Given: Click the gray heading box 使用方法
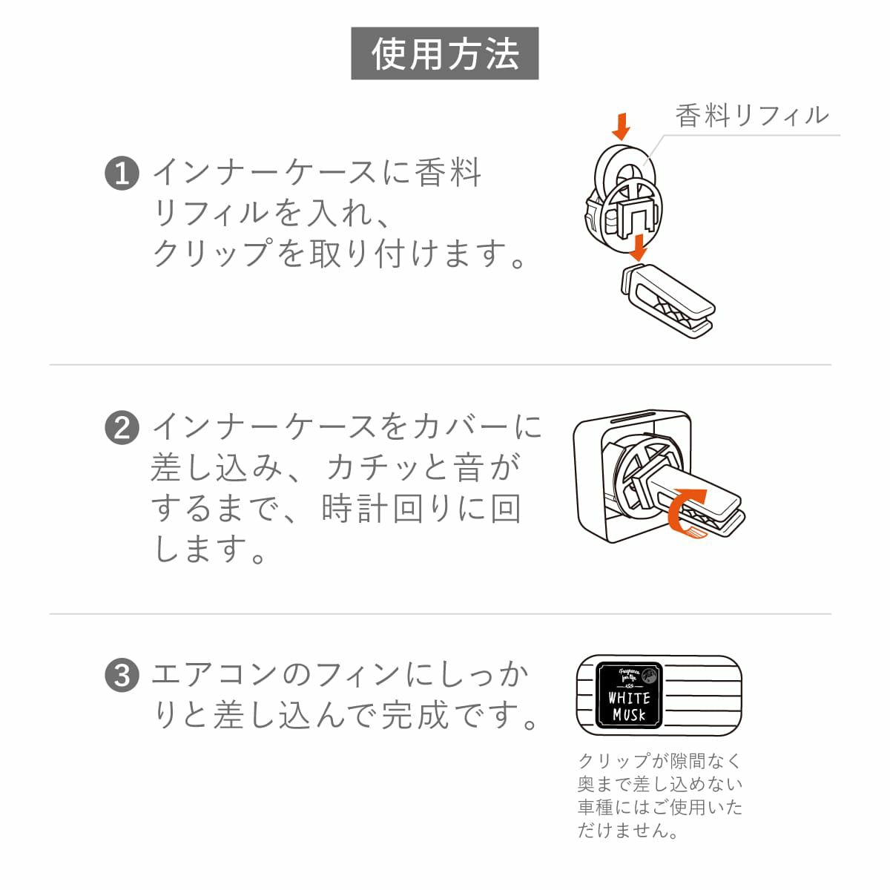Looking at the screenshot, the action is [x=444, y=53].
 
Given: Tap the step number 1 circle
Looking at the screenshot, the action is [x=122, y=174].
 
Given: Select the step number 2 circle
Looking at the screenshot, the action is [x=122, y=428].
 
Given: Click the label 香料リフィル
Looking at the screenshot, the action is [x=751, y=116].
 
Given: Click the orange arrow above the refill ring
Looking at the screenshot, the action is [x=622, y=126].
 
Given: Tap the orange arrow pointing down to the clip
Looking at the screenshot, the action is [x=639, y=248].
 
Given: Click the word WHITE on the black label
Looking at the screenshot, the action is [x=629, y=698].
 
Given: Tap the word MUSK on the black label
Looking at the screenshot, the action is [x=629, y=716].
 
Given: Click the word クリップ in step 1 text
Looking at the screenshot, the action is [x=211, y=253].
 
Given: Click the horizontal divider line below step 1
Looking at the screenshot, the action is [x=440, y=364].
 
